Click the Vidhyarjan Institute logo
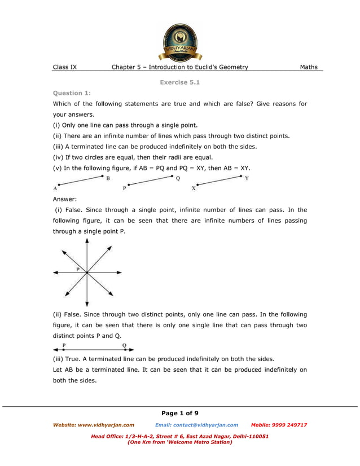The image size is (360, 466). click(x=180, y=42)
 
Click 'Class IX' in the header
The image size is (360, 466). click(x=65, y=67)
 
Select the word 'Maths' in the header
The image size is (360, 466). click(x=309, y=67)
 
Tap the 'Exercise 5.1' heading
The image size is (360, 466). click(x=180, y=82)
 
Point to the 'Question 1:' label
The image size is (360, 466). click(x=72, y=93)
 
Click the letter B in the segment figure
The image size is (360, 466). click(x=108, y=179)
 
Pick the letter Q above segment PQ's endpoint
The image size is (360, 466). click(x=178, y=179)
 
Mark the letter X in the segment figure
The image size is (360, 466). click(x=194, y=188)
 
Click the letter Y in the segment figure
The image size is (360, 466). click(x=247, y=178)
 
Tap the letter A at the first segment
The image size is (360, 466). click(x=55, y=188)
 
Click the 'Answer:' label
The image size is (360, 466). click(x=65, y=199)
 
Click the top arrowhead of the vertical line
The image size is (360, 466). click(x=86, y=241)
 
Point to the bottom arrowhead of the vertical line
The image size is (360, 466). click(x=86, y=305)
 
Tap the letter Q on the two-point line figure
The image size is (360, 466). click(x=124, y=344)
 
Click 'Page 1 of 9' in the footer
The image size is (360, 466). click(x=180, y=414)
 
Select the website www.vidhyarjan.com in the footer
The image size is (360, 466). click(x=94, y=425)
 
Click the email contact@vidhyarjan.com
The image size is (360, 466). click(x=196, y=425)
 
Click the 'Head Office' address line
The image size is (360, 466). click(x=179, y=436)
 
